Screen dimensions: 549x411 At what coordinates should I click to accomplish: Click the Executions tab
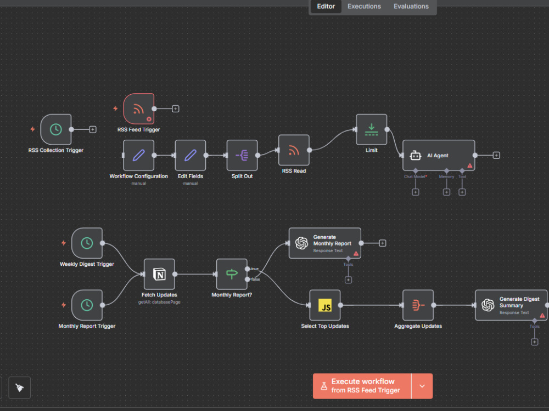364,6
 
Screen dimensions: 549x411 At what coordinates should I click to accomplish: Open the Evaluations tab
411,6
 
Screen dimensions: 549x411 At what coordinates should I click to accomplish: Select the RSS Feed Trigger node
139,109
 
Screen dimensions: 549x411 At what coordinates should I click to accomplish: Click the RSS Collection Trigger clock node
56,129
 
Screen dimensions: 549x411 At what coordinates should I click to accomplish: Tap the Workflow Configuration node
139,155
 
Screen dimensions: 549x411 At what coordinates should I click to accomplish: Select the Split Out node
242,155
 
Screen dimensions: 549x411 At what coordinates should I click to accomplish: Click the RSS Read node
294,150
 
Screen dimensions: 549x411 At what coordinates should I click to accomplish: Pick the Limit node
372,129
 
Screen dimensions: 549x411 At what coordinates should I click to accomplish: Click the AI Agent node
439,155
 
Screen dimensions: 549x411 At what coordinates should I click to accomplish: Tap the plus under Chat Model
416,192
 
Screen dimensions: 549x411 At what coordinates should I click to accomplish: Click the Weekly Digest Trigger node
87,243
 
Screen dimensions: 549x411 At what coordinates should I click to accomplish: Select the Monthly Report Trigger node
87,305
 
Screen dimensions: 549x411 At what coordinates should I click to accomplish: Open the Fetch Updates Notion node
159,274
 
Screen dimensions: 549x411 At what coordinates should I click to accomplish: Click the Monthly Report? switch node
232,274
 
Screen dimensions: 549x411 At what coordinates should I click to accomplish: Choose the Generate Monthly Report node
325,243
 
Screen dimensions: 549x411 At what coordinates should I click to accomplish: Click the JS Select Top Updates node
325,305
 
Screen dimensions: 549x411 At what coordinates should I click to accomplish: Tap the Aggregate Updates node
418,305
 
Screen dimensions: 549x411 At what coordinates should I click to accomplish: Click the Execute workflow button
362,386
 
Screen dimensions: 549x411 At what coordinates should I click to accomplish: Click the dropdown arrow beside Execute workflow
422,386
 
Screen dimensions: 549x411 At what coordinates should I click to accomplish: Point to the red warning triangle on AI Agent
470,165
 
